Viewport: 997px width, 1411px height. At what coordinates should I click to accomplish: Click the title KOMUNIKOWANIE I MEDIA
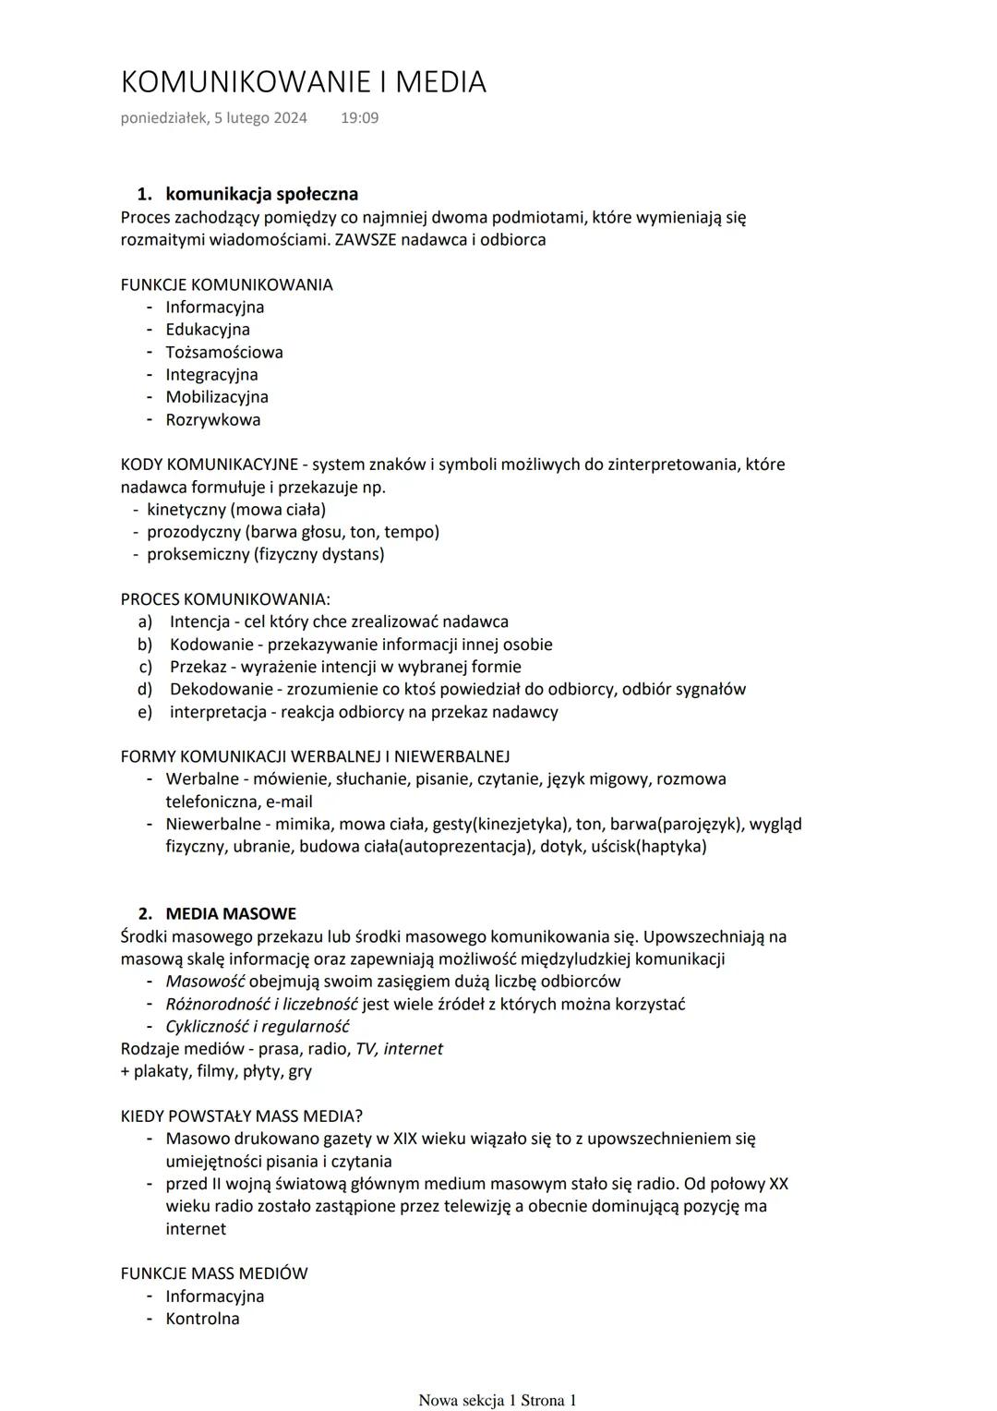tap(303, 82)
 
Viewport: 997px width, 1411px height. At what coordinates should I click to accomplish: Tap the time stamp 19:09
tap(359, 118)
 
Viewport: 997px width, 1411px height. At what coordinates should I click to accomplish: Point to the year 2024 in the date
tap(290, 118)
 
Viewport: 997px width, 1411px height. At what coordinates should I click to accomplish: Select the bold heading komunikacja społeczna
tap(261, 194)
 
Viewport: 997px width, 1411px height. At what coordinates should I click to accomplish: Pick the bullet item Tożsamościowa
tap(224, 352)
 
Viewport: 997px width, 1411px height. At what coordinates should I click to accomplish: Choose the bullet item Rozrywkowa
tap(212, 419)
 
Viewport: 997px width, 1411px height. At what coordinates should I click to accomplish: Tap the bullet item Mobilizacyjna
tap(217, 397)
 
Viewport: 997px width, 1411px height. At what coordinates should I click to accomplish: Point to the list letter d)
tap(145, 689)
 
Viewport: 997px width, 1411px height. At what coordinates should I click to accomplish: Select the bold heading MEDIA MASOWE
tap(231, 913)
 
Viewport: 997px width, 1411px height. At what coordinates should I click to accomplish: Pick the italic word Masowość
tap(205, 982)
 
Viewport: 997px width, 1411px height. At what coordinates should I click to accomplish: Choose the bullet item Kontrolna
tap(202, 1319)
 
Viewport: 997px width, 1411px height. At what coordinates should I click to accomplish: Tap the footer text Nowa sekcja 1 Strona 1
tap(498, 1400)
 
